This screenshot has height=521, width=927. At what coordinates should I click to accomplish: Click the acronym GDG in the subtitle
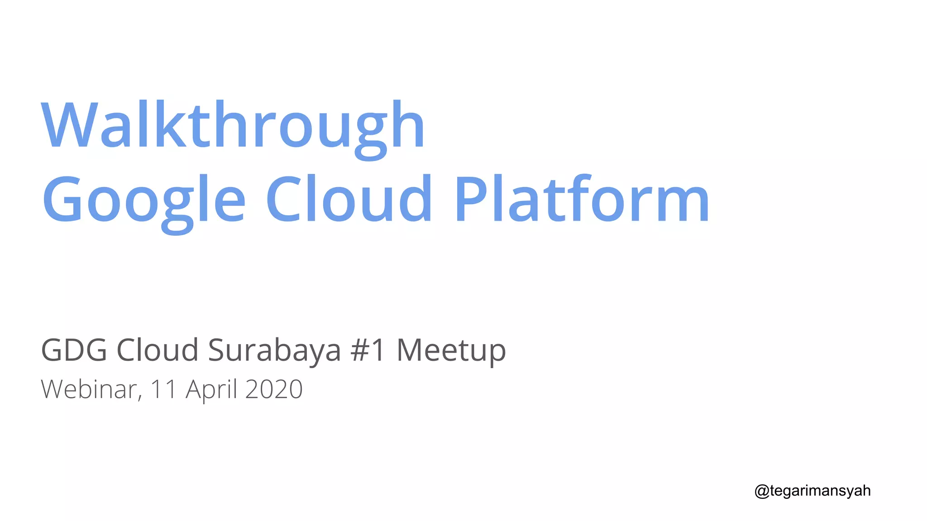pyautogui.click(x=74, y=350)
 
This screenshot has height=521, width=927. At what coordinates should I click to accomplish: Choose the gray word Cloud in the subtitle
pyautogui.click(x=158, y=350)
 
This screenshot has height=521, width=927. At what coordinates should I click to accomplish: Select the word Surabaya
pyautogui.click(x=274, y=351)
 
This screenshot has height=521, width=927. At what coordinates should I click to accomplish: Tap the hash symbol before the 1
pyautogui.click(x=360, y=350)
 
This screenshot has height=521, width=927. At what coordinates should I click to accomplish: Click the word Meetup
pyautogui.click(x=451, y=351)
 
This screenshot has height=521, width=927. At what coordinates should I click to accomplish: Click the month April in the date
pyautogui.click(x=211, y=390)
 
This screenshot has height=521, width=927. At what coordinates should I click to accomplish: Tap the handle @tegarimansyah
pyautogui.click(x=812, y=491)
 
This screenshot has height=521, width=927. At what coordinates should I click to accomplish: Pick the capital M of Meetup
pyautogui.click(x=410, y=350)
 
